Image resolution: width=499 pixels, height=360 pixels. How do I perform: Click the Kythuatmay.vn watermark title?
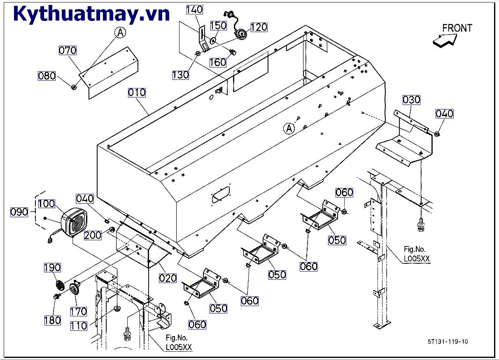click(91, 14)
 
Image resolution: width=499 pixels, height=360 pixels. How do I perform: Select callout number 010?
click(137, 93)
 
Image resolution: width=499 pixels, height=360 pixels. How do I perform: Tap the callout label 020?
click(168, 278)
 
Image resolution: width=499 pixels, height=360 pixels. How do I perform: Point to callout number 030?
click(411, 100)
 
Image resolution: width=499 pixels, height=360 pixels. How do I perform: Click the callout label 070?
click(68, 51)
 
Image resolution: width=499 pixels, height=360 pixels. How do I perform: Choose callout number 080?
click(47, 76)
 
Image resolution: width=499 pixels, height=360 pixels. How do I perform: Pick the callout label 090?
click(19, 212)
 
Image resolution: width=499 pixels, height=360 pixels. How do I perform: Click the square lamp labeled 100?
click(75, 223)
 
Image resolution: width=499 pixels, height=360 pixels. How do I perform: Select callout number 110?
click(79, 326)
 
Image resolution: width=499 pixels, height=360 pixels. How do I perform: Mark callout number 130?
click(181, 75)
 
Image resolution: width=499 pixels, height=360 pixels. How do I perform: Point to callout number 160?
click(218, 62)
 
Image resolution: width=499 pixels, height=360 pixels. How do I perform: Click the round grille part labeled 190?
click(60, 284)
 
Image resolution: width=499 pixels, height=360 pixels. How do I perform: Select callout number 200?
click(93, 235)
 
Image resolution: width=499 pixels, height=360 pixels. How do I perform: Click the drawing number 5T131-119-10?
click(448, 341)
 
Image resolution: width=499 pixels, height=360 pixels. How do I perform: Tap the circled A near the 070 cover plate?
click(120, 33)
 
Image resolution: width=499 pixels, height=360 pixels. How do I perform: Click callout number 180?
click(52, 320)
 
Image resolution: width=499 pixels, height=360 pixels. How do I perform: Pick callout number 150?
click(218, 26)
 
